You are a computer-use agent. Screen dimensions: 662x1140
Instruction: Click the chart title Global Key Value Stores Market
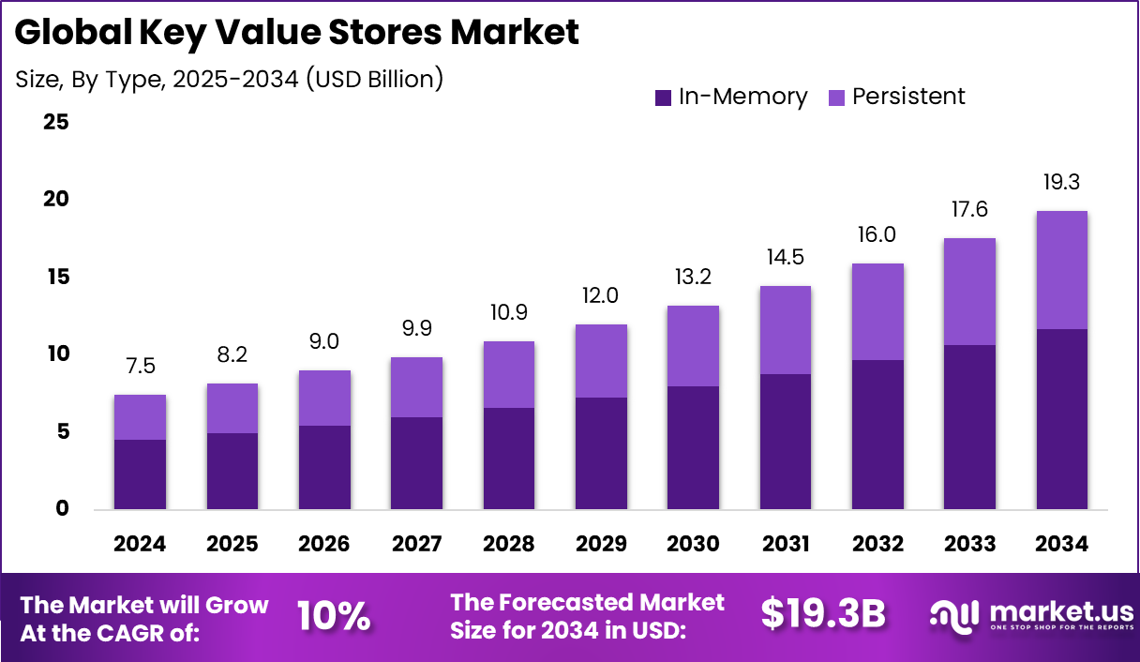(x=296, y=33)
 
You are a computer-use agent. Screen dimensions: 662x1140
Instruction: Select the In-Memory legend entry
(x=730, y=97)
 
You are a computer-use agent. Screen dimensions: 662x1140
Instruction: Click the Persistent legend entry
(x=897, y=97)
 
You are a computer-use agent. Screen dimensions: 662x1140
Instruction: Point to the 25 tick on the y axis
(x=55, y=123)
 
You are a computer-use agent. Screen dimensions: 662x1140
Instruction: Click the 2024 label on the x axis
(x=140, y=545)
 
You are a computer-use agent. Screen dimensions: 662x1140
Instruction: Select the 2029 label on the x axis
(x=601, y=545)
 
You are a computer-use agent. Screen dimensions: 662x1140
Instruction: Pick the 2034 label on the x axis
(x=1062, y=545)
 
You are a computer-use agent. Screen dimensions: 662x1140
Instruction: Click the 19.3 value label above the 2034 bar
(x=1062, y=182)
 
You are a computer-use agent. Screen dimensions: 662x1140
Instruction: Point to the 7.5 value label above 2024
(x=140, y=366)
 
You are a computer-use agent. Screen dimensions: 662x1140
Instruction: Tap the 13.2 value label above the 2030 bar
(x=693, y=278)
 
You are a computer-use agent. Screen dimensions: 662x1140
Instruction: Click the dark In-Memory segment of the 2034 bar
(x=1062, y=419)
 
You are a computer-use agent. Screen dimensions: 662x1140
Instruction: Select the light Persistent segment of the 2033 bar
(x=969, y=292)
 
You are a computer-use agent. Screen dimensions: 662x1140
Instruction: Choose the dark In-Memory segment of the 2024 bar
(x=140, y=474)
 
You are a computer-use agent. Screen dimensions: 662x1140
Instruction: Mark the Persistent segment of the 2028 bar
(x=508, y=374)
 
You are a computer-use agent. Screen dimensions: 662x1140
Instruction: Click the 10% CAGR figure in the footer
(x=334, y=616)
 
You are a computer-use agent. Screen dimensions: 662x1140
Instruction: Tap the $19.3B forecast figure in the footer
(x=823, y=614)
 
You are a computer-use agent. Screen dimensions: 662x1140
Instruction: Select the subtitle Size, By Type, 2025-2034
(x=229, y=79)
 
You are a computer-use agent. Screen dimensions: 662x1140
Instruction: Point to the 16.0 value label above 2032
(x=877, y=234)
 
